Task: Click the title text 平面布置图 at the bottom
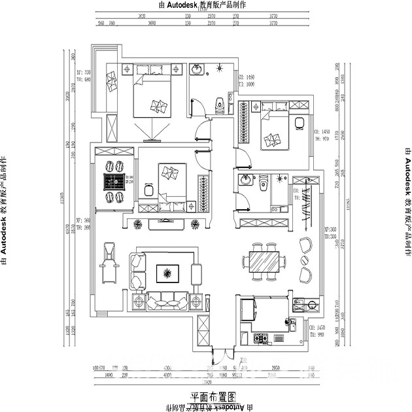[212, 396]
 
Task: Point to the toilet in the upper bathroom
[220, 101]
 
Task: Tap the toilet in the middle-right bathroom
[264, 184]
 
